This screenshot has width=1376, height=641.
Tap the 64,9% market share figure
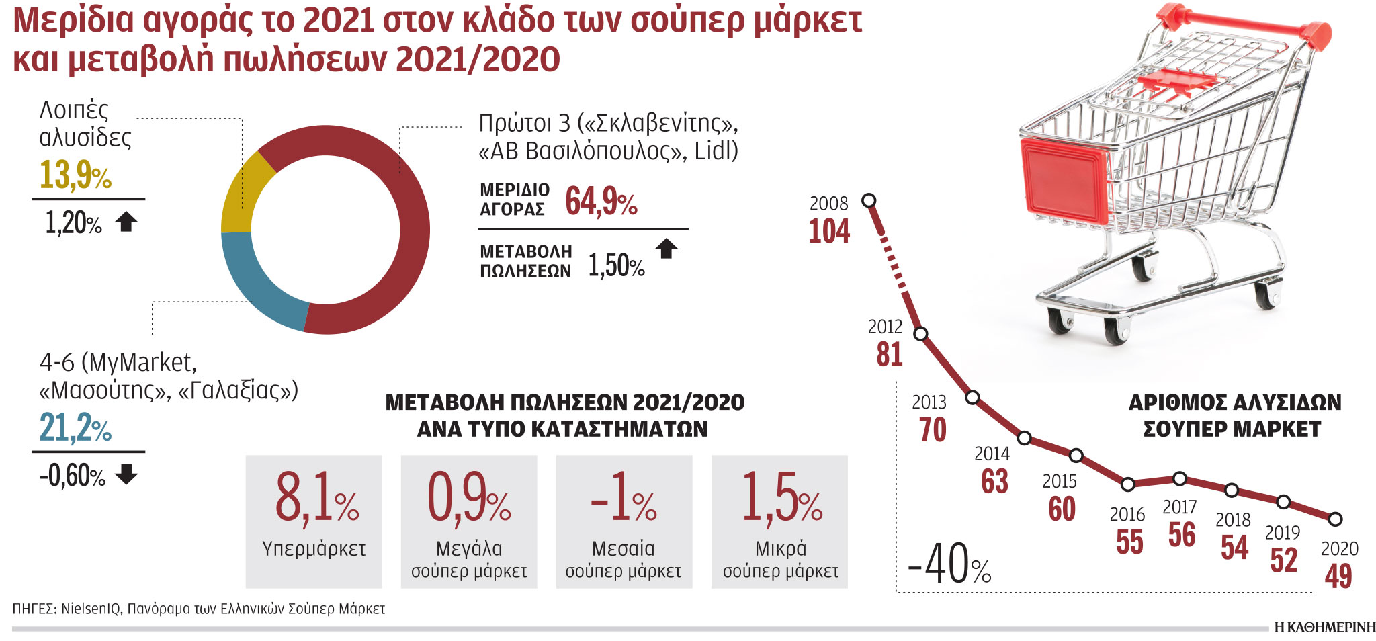[601, 201]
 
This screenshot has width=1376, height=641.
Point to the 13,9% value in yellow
[75, 175]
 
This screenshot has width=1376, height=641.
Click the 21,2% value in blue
[75, 428]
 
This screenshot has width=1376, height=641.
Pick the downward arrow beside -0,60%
[126, 474]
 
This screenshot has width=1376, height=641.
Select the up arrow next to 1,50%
[666, 249]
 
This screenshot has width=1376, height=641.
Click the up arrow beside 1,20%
[126, 222]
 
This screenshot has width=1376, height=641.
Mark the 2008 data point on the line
[869, 200]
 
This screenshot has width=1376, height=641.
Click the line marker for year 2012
[921, 334]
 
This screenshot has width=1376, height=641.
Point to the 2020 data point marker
[1335, 519]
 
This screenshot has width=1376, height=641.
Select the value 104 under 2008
[829, 231]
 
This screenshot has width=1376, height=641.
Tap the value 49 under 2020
[1338, 576]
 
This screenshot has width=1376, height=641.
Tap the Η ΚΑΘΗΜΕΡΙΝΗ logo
[1324, 628]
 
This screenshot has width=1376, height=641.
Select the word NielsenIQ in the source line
[91, 609]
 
